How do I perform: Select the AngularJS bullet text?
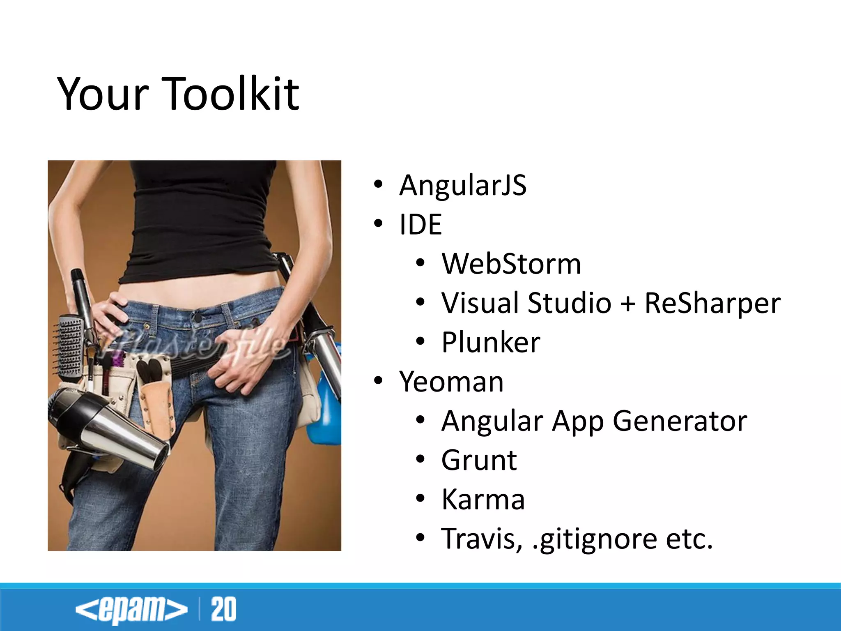[462, 185]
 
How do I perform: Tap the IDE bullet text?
[420, 225]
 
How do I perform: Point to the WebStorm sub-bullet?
[511, 264]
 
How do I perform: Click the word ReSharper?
[712, 303]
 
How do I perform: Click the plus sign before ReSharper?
[627, 304]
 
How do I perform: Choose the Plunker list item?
[491, 342]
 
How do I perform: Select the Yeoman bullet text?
[451, 382]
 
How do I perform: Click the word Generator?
[680, 421]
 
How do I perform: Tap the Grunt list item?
[479, 461]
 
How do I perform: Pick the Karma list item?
[483, 500]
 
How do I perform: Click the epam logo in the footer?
[131, 609]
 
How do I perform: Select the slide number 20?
[223, 609]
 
